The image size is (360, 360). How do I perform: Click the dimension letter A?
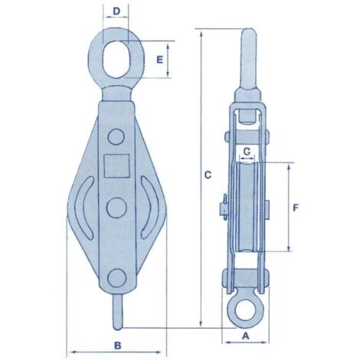[x=245, y=336]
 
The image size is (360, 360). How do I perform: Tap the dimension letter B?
[x=117, y=345]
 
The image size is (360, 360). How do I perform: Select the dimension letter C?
[x=208, y=175]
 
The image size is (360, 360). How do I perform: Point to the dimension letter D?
[x=116, y=11]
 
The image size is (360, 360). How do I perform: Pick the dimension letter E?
[x=159, y=60]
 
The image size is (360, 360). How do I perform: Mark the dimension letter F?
[x=296, y=208]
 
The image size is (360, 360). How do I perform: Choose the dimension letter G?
[x=247, y=152]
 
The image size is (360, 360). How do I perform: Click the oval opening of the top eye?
[x=116, y=59]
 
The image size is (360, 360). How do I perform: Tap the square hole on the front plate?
[x=116, y=166]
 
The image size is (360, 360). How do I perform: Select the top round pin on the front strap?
[x=116, y=137]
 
